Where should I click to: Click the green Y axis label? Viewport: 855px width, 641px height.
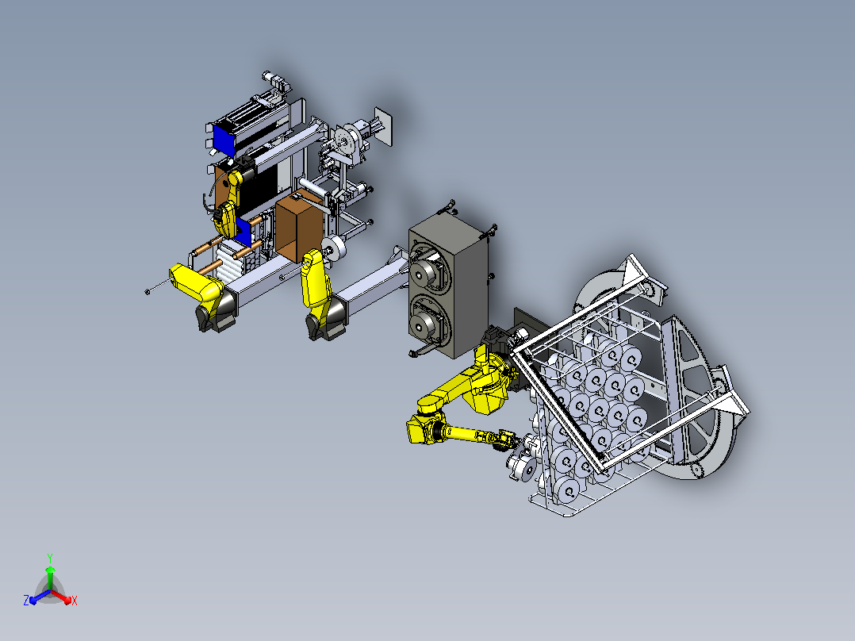pos(50,558)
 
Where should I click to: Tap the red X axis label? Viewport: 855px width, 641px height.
pos(75,601)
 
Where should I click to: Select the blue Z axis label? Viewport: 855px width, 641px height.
pos(26,601)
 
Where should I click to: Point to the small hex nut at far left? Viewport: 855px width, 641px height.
pos(148,292)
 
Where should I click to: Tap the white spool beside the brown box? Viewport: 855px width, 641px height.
pos(334,248)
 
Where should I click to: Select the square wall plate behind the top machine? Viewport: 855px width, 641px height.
pos(383,127)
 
